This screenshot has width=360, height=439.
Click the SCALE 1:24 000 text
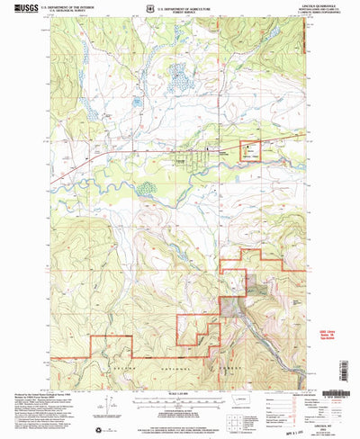tap(180, 392)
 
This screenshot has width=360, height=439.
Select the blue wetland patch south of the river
tap(144, 190)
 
